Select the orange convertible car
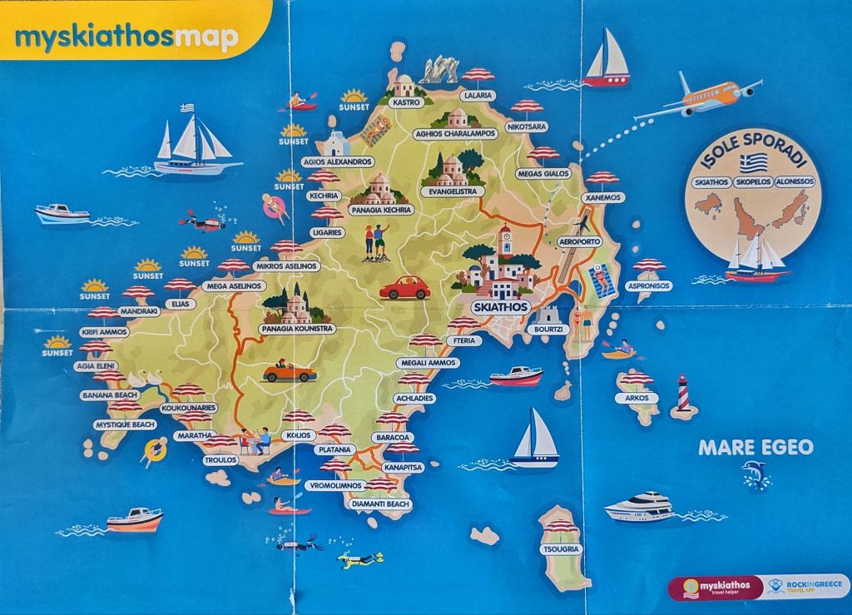tap(289, 372)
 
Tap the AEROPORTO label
tap(579, 241)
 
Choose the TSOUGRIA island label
tap(561, 550)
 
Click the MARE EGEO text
tap(755, 448)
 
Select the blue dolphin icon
tap(755, 474)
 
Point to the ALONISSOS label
tap(796, 182)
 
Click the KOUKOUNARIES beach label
tap(189, 409)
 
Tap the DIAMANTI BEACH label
tap(380, 504)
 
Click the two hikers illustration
tap(375, 242)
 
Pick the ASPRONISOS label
tap(649, 285)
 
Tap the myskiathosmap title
tap(126, 38)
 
